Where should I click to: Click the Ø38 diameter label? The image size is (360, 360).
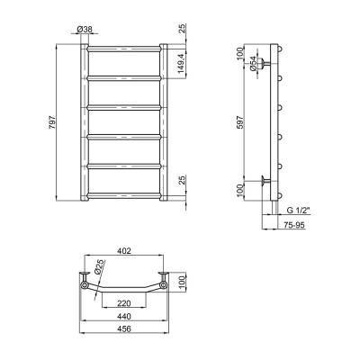click(x=85, y=30)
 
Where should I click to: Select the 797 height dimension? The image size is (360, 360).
click(x=52, y=121)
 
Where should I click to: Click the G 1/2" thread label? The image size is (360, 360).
click(x=298, y=211)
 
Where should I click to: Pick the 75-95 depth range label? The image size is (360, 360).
click(x=294, y=225)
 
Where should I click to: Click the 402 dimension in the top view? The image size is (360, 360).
click(x=124, y=251)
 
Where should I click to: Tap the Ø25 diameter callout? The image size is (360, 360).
click(x=100, y=266)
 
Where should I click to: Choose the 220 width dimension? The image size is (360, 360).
click(x=124, y=303)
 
